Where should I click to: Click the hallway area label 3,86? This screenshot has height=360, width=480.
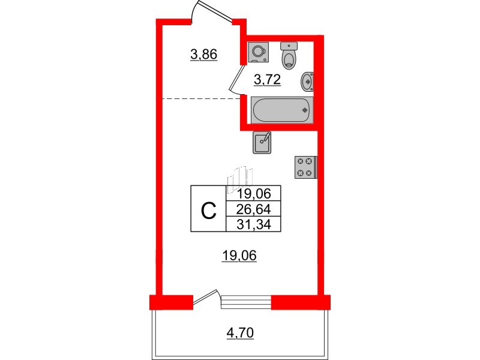(x=203, y=55)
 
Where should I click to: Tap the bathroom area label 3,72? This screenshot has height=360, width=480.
(x=267, y=80)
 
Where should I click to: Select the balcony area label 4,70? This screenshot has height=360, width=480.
(x=241, y=333)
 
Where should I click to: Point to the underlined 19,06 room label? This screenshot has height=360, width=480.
(x=239, y=256)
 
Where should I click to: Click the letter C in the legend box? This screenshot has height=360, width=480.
(x=208, y=211)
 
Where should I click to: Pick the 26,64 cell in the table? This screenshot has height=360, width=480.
(x=253, y=209)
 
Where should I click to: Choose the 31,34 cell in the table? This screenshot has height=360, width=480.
(x=253, y=224)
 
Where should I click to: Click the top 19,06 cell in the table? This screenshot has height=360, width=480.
(x=253, y=193)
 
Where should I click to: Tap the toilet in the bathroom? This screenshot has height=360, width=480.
(x=289, y=55)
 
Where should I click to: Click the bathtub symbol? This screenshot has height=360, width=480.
(x=282, y=110)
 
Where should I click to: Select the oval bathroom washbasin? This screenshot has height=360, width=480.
(x=307, y=82)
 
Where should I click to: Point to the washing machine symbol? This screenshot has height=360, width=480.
(x=259, y=52)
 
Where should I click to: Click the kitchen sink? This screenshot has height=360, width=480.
(x=262, y=142)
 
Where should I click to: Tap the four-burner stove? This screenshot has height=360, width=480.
(x=305, y=167)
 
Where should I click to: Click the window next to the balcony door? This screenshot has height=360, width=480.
(x=246, y=302)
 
